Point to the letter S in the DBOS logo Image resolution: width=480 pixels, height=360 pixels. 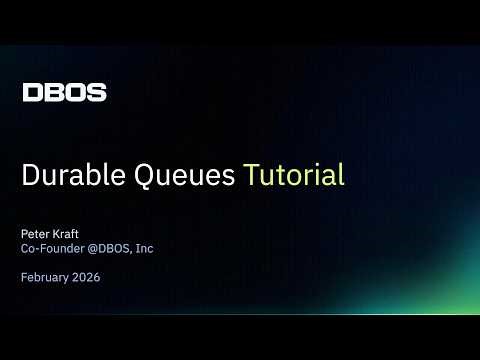96,93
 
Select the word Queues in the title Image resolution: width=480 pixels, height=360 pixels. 179,176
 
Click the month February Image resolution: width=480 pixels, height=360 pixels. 46,278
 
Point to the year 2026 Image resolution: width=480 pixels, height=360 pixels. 88,278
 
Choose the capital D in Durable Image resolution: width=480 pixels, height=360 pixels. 31,175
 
